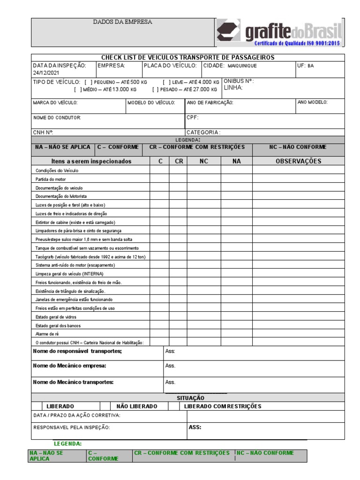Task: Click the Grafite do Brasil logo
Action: click(x=279, y=33)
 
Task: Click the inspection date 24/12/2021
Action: click(x=45, y=74)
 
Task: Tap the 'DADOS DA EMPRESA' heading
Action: click(x=123, y=22)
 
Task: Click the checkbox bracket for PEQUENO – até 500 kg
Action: click(x=88, y=82)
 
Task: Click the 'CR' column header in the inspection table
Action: click(x=178, y=161)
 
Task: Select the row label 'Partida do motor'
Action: click(x=51, y=180)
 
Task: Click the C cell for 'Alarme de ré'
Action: click(x=159, y=334)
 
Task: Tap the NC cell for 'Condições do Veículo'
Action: click(x=204, y=171)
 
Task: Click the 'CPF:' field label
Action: click(x=193, y=118)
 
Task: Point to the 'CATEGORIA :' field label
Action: click(x=203, y=133)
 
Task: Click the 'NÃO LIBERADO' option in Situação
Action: click(x=136, y=406)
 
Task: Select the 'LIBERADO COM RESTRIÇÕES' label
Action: click(x=223, y=406)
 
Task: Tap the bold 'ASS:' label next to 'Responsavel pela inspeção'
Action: click(x=195, y=427)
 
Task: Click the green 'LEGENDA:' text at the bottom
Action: click(x=68, y=443)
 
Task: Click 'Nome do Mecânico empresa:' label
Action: click(x=69, y=366)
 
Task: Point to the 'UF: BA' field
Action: click(x=306, y=66)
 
